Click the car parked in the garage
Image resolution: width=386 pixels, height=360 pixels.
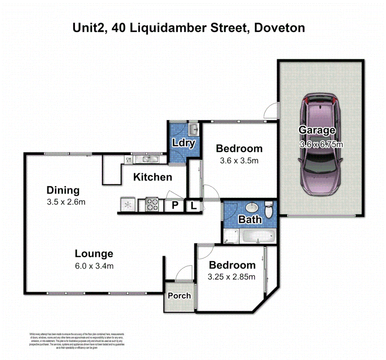321,147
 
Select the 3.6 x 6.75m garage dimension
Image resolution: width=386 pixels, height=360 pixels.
321,144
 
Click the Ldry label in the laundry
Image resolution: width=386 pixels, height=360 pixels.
183,143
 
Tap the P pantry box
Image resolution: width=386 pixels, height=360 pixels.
174,205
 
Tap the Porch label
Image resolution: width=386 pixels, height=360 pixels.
179,296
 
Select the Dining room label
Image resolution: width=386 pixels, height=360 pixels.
63,190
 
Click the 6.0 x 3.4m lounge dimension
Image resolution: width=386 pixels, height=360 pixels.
94,266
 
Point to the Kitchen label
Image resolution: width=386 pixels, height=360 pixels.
152,177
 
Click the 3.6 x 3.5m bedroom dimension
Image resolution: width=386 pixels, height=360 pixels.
239,161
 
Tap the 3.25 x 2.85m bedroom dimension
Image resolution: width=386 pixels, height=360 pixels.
231,277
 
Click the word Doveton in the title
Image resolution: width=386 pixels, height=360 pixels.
279,28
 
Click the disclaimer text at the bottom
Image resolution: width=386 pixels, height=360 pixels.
77,341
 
